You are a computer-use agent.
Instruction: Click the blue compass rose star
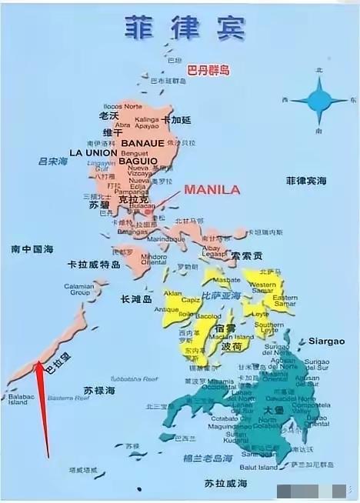tap(318, 100)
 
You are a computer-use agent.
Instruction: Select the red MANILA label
tap(212, 188)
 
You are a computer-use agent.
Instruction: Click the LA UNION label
tap(93, 153)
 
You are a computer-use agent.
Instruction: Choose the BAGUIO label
tap(138, 162)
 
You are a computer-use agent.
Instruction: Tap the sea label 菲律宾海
tap(306, 182)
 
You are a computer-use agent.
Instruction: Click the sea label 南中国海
tap(32, 249)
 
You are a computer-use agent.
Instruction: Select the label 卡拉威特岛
tap(93, 264)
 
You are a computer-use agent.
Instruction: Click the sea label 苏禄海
tap(99, 391)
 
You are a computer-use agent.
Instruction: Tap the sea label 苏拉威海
tap(225, 483)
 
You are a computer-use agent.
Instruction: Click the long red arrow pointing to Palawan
tap(42, 408)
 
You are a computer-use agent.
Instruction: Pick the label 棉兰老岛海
tap(210, 458)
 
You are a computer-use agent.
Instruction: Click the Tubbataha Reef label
tap(133, 378)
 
